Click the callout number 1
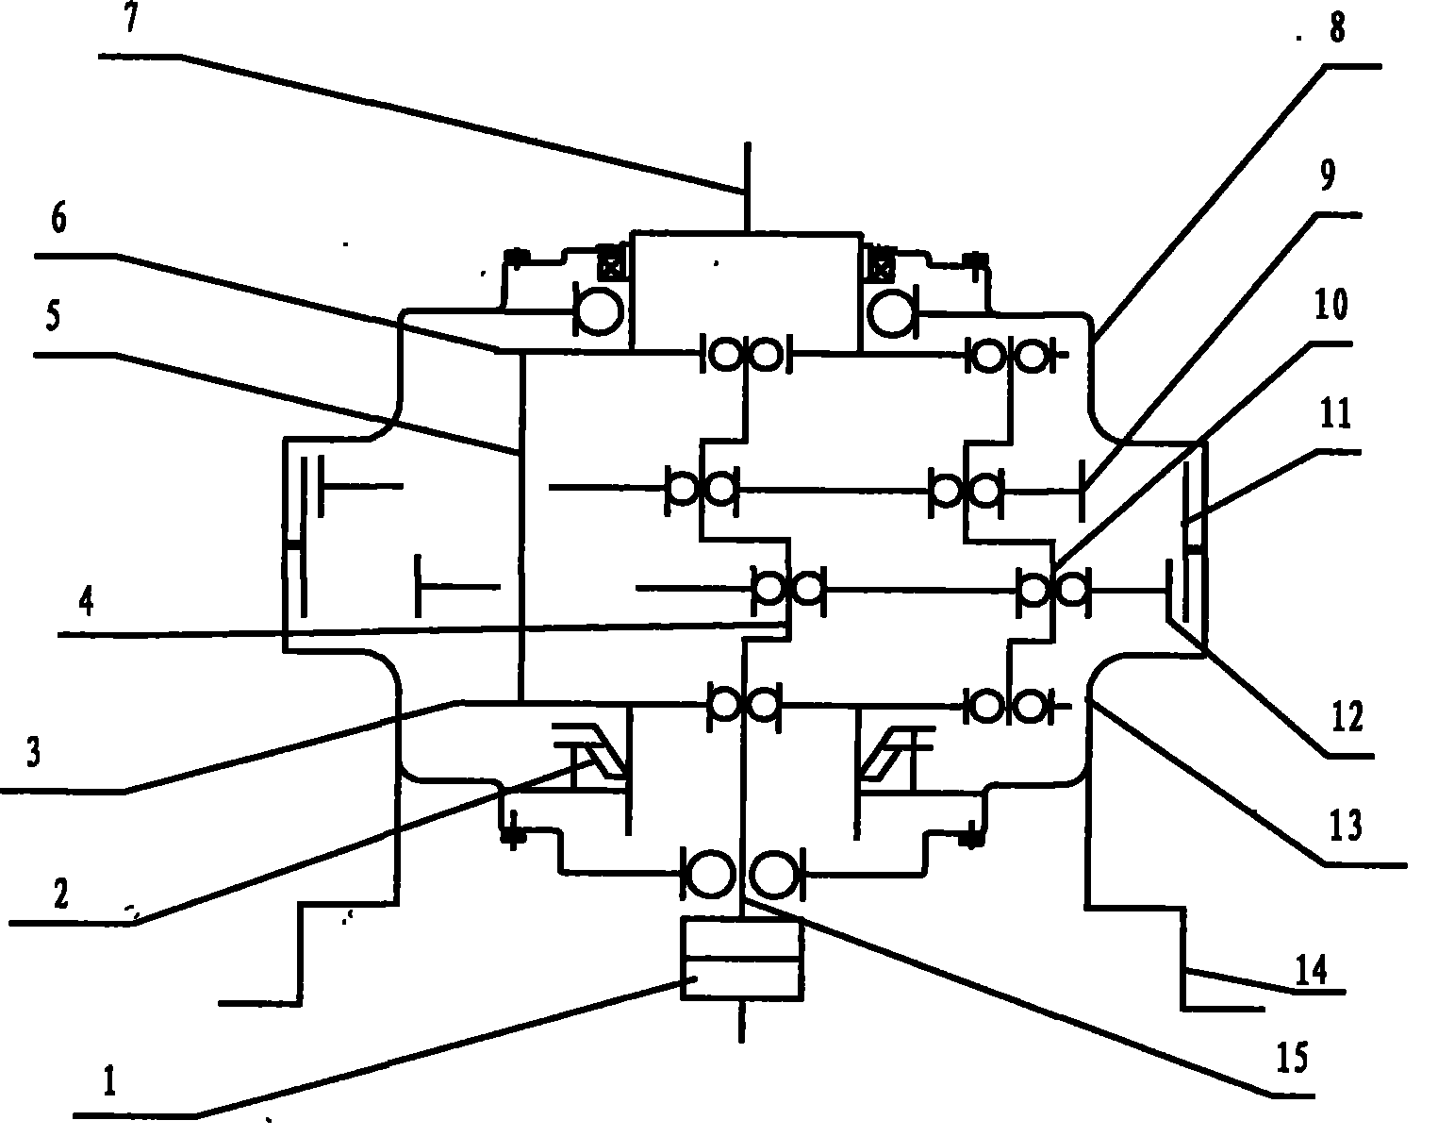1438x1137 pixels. [x=110, y=1082]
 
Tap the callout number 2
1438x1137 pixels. [x=60, y=894]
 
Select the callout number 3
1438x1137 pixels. [x=34, y=755]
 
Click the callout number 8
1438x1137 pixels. [x=1335, y=29]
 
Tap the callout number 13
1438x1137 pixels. [x=1344, y=827]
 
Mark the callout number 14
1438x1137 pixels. [x=1312, y=969]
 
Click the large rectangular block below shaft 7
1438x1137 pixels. [x=746, y=291]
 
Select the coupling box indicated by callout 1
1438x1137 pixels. [x=742, y=960]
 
